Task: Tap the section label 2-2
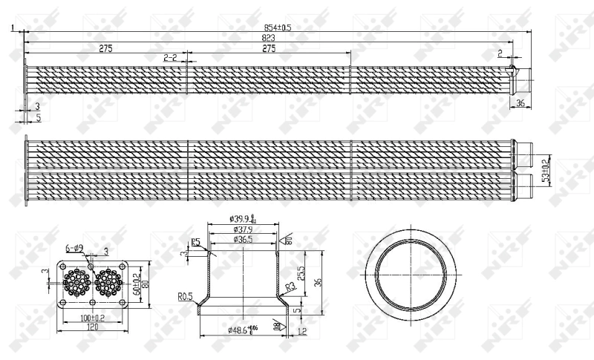click(x=169, y=57)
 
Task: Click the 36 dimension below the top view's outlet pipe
click(x=520, y=102)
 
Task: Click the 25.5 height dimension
click(x=301, y=272)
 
